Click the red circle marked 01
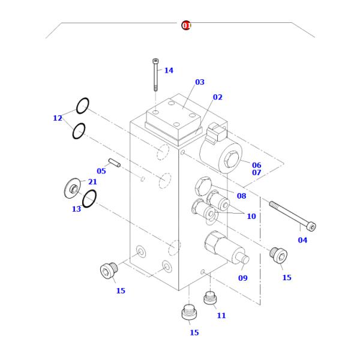click(186, 25)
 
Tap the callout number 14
click(169, 70)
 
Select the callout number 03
click(200, 82)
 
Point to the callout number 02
click(218, 97)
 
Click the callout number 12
click(58, 118)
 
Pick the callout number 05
click(101, 171)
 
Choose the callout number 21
click(92, 182)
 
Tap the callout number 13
click(76, 209)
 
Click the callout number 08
click(242, 196)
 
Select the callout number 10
click(251, 216)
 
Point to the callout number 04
click(302, 240)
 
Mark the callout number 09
click(243, 278)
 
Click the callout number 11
click(221, 316)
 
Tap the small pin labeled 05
click(115, 163)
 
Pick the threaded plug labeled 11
click(210, 298)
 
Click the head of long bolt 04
click(311, 227)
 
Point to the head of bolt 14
click(155, 61)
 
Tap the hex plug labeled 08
click(203, 186)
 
